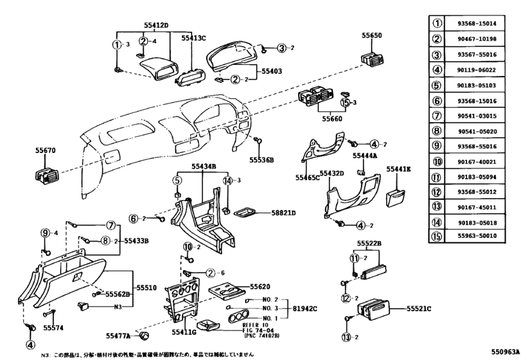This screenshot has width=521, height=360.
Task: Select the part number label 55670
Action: pos(46,150)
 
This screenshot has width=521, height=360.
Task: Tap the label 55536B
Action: pos(262,159)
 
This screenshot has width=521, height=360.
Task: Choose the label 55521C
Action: pos(419,309)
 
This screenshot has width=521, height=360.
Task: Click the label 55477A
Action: pos(118,336)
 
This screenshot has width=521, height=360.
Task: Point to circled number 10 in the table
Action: pos(437,162)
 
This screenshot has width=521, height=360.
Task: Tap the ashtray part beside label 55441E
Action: pos(398,195)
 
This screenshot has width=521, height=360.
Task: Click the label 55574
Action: pos(53,327)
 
